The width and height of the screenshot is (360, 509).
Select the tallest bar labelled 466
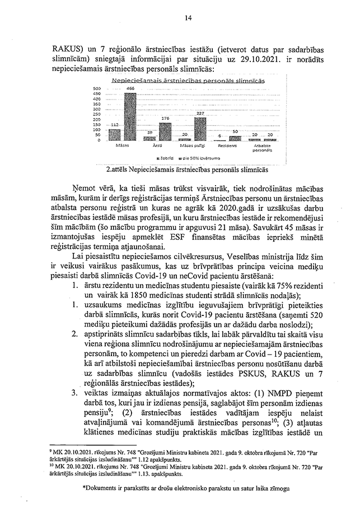[x=130, y=116]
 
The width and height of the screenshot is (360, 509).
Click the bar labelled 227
[x=200, y=128]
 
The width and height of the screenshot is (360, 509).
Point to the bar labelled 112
[x=115, y=134]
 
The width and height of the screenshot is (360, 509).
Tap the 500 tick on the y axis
[x=96, y=88]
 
